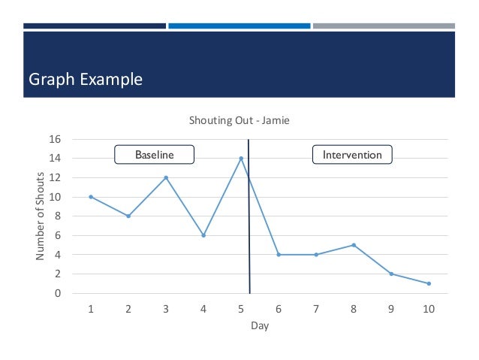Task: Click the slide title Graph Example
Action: pyautogui.click(x=85, y=79)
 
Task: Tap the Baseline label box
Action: pyautogui.click(x=154, y=155)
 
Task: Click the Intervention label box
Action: pyautogui.click(x=352, y=155)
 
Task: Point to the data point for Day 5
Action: pyautogui.click(x=241, y=158)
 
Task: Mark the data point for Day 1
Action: pyautogui.click(x=91, y=197)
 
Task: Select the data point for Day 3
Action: pyautogui.click(x=166, y=177)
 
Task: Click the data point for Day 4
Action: pyautogui.click(x=203, y=235)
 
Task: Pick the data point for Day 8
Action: pyautogui.click(x=354, y=245)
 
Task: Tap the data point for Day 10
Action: pyautogui.click(x=429, y=283)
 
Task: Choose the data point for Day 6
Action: pyautogui.click(x=279, y=255)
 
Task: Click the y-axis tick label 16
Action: pyautogui.click(x=54, y=139)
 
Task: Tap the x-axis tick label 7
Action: pyautogui.click(x=316, y=309)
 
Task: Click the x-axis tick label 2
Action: pyautogui.click(x=128, y=309)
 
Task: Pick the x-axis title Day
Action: pyautogui.click(x=260, y=326)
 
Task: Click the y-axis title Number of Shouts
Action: pyautogui.click(x=41, y=216)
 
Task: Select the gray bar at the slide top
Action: pyautogui.click(x=384, y=26)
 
